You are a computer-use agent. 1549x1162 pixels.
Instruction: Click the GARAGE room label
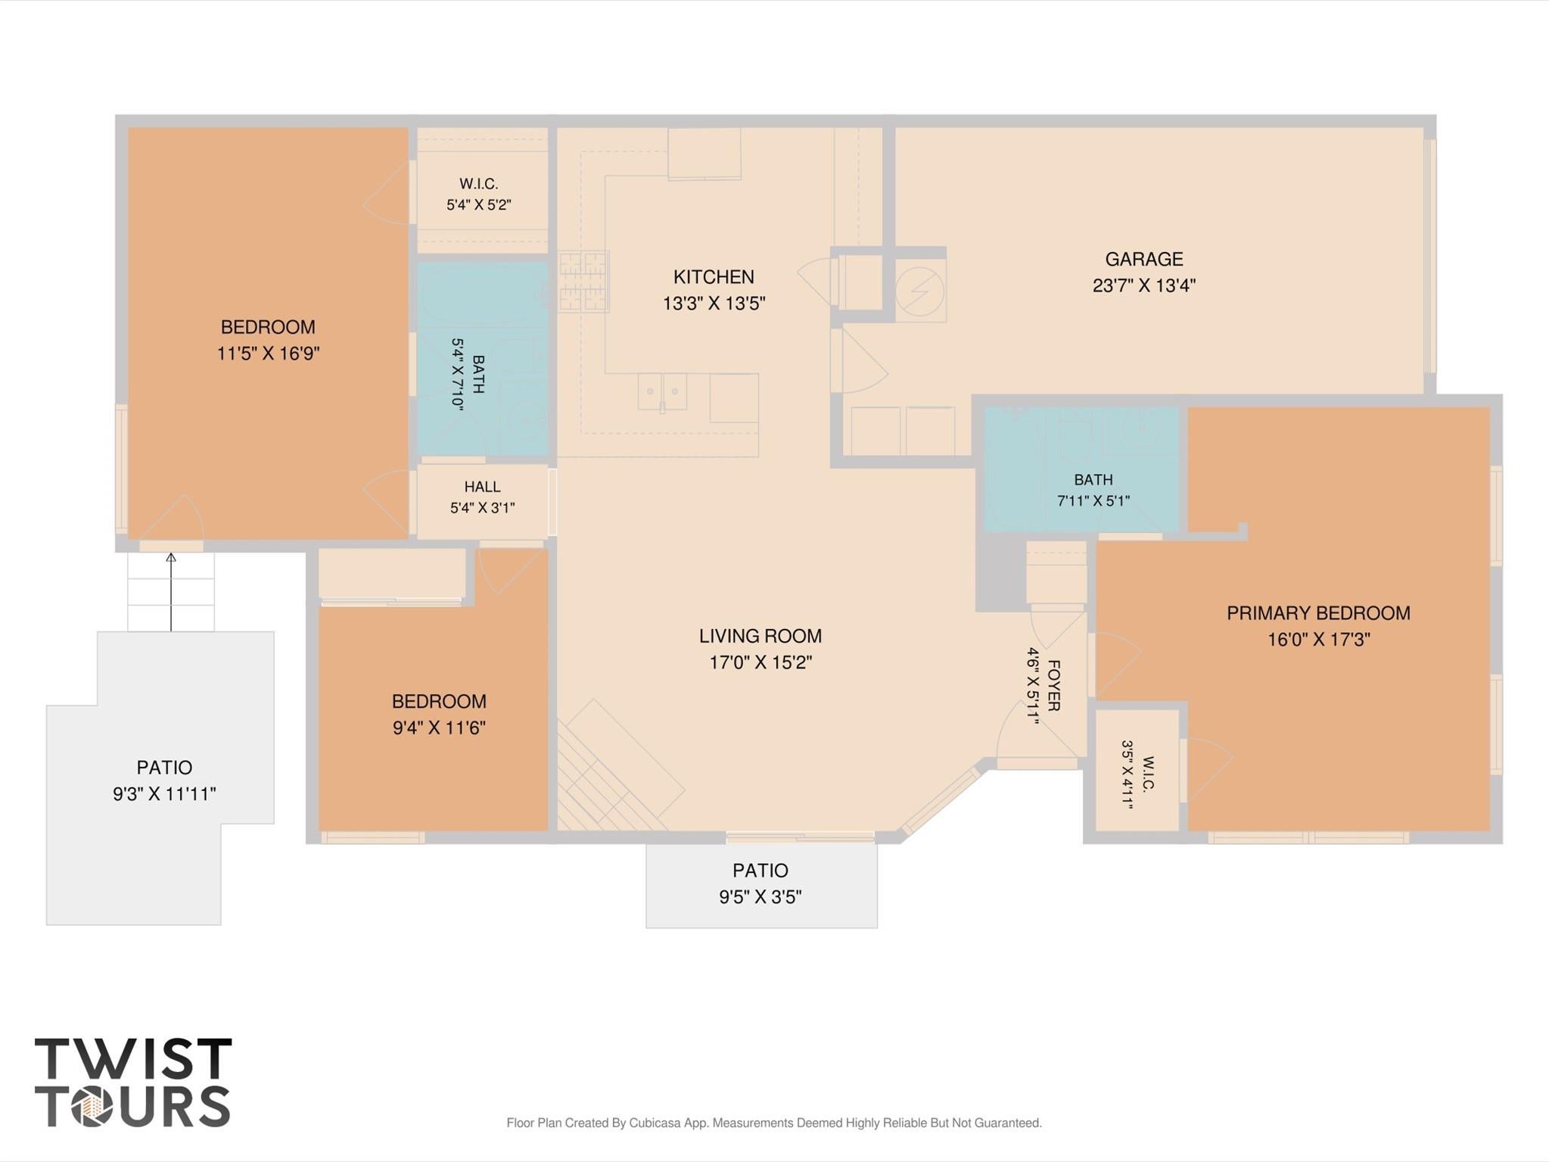(x=1143, y=259)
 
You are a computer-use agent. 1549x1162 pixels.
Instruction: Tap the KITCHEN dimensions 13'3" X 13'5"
(x=714, y=304)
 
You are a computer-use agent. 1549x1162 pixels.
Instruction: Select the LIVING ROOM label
(x=760, y=636)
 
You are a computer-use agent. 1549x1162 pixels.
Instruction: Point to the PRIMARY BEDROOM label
(x=1318, y=613)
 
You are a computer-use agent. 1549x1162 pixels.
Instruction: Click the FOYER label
(x=1053, y=686)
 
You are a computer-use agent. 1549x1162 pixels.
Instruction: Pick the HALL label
(x=482, y=487)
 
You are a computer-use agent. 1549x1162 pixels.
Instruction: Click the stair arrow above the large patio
(x=171, y=592)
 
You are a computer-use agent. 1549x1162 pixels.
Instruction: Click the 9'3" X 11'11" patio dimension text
(x=164, y=794)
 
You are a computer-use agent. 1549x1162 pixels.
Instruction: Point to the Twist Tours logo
(x=133, y=1083)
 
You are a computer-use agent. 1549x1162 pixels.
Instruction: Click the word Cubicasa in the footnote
(x=658, y=1123)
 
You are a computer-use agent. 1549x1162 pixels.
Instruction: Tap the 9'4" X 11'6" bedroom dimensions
(x=439, y=728)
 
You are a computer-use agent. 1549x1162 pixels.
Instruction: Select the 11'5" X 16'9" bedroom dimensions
(x=268, y=354)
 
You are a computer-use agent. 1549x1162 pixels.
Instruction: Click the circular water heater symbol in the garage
(x=920, y=291)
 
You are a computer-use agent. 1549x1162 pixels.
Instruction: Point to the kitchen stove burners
(x=583, y=282)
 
